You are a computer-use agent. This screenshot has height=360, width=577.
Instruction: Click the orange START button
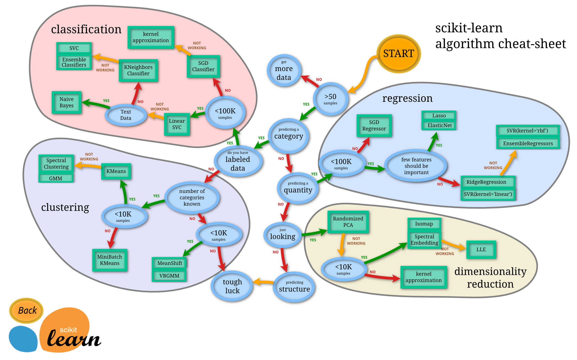398,54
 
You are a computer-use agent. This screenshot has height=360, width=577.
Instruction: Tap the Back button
27,310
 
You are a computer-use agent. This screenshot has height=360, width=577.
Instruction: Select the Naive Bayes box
67,102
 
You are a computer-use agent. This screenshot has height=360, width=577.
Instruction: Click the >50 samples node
330,99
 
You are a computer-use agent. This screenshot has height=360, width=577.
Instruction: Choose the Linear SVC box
177,124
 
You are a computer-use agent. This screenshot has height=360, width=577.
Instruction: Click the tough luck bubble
232,286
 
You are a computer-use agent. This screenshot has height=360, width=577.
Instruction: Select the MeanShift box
169,263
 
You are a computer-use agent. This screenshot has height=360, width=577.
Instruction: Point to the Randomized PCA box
348,222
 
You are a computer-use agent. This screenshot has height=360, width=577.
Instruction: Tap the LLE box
481,250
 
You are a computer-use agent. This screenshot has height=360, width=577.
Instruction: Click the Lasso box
439,116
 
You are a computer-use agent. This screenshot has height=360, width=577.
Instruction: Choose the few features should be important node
416,166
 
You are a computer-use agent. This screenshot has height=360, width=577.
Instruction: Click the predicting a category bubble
288,135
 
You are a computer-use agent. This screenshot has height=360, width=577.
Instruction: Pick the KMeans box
116,171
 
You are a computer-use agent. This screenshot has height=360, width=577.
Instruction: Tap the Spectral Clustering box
56,164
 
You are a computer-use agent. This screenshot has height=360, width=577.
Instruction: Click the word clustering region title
65,207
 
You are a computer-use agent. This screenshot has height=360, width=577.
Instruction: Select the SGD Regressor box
374,125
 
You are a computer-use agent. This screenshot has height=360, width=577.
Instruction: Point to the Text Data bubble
126,115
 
